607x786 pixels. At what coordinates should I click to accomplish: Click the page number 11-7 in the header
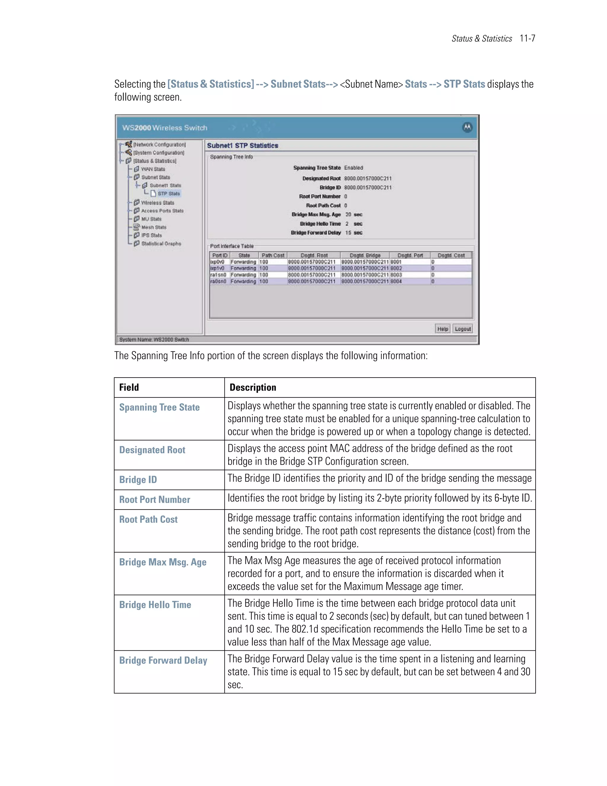[527, 39]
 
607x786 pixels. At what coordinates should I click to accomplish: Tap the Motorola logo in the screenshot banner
[467, 128]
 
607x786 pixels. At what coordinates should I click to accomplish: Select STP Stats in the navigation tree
[169, 194]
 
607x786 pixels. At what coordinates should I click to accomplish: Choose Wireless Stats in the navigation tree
[157, 203]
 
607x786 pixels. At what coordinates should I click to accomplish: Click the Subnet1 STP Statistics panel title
[243, 146]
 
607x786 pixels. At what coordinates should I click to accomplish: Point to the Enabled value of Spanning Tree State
[354, 168]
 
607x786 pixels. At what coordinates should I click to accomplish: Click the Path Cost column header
[273, 255]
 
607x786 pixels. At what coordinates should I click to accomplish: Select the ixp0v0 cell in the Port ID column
[218, 262]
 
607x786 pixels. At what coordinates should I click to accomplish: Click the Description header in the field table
[253, 388]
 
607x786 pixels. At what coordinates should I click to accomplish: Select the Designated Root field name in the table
[152, 450]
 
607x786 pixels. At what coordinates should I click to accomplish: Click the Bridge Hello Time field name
[155, 605]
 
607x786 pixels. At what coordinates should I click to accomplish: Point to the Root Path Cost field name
[148, 520]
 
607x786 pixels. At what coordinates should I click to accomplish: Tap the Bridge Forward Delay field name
[163, 661]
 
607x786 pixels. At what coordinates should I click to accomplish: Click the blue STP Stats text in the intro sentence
[464, 84]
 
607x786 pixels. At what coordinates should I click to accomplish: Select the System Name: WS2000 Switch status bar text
[154, 339]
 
